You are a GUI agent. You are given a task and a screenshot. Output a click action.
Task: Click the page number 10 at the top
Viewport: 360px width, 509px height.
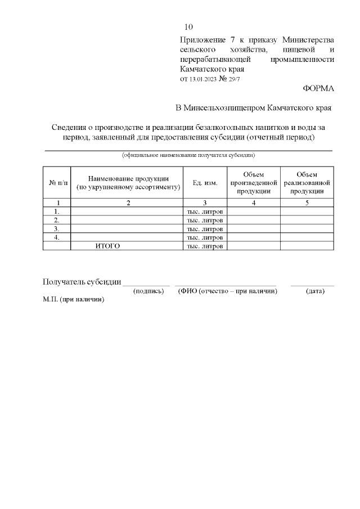(x=189, y=27)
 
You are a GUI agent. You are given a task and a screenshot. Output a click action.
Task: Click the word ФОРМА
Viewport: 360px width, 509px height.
(x=318, y=88)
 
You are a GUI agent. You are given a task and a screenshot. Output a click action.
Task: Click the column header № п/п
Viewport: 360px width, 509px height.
(x=56, y=183)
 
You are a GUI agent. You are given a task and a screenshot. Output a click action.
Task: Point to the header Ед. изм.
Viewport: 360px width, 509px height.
(x=205, y=183)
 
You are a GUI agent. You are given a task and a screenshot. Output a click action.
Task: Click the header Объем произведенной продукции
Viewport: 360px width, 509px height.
(x=253, y=183)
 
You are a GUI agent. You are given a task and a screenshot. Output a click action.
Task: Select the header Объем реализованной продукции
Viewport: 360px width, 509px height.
(x=307, y=183)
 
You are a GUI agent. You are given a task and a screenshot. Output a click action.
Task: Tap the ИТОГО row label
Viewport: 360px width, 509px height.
(x=107, y=246)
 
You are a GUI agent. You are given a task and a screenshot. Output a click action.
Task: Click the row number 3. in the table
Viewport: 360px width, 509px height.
(x=56, y=229)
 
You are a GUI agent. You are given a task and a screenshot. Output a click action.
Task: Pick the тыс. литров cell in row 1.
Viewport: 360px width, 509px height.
(x=205, y=211)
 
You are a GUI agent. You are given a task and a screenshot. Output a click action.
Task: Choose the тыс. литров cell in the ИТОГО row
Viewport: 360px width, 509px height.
(x=205, y=246)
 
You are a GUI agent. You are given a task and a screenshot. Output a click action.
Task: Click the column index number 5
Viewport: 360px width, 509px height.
(x=307, y=202)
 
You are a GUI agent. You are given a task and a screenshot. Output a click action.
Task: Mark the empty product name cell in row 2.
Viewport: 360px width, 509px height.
(x=128, y=220)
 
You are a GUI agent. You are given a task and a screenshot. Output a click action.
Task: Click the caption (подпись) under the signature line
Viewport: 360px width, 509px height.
(x=148, y=291)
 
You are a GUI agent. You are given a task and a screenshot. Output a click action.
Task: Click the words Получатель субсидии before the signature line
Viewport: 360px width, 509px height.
(x=82, y=282)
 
